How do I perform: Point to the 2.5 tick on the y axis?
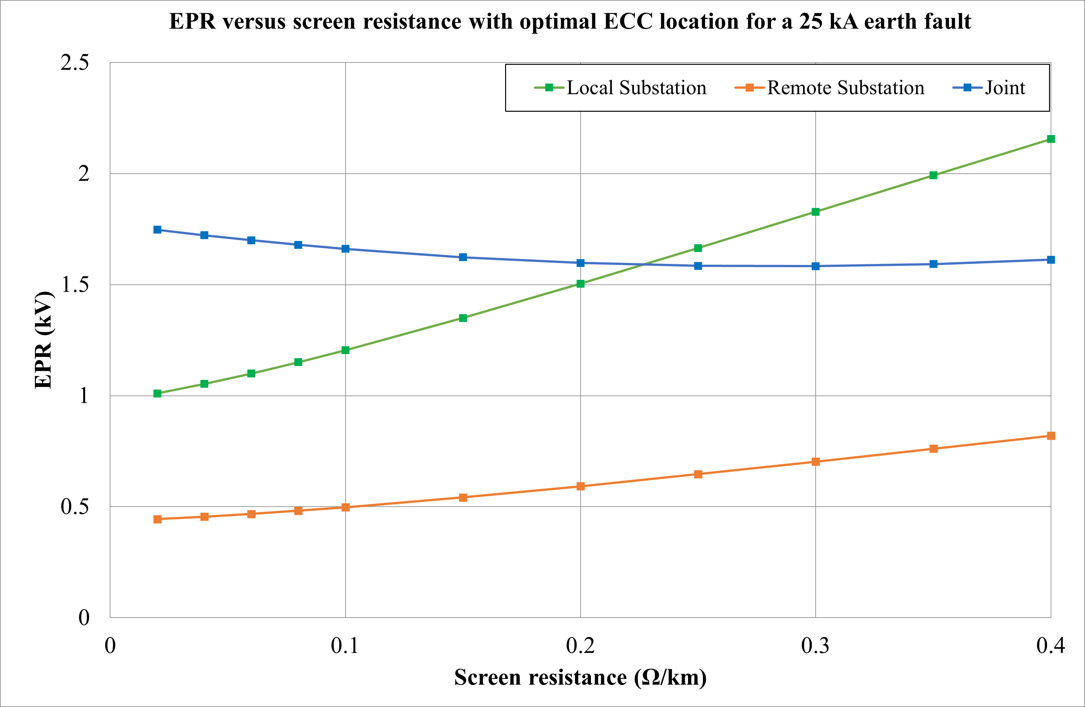[75, 63]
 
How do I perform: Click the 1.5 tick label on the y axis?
[75, 285]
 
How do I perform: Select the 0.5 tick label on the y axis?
[75, 506]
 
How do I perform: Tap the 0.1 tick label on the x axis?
[345, 646]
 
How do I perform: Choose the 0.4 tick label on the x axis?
[1050, 646]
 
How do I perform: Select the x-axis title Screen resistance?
[580, 677]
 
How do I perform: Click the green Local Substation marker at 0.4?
[1051, 139]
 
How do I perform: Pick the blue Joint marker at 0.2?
[580, 263]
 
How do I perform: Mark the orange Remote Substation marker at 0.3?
[816, 462]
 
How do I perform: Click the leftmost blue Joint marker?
[157, 229]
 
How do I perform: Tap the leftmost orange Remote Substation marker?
[157, 519]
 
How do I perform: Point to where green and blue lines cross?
[644, 265]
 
